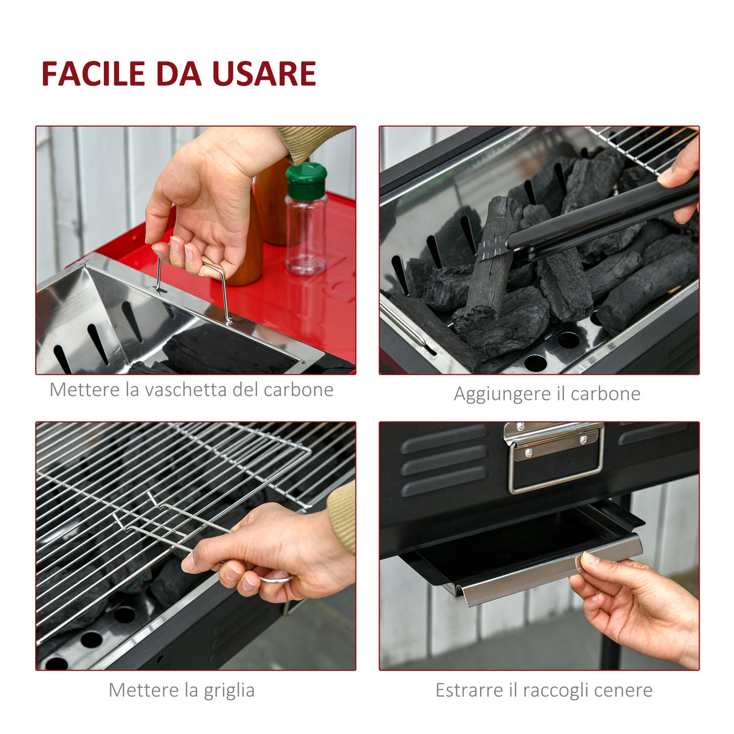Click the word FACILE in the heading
coord(93,74)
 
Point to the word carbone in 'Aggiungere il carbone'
coord(605,394)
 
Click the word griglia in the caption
coord(229,690)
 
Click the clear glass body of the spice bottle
coord(306,236)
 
